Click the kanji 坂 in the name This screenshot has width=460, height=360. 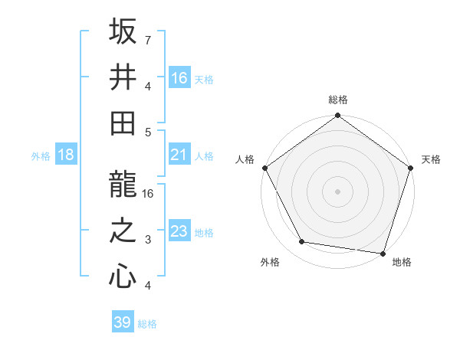point(123,33)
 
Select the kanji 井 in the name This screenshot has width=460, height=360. point(123,77)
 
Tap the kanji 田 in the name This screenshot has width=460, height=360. point(123,122)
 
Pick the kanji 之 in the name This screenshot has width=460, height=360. point(123,231)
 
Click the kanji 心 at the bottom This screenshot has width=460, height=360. point(123,275)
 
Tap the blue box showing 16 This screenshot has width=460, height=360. point(179,77)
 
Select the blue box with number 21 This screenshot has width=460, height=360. point(179,155)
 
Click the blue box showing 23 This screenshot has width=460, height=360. point(179,231)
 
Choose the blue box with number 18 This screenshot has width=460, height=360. point(66,155)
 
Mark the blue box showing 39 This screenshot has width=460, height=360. point(123,322)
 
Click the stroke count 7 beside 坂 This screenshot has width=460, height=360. point(148,39)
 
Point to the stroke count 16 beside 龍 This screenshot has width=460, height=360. point(149,193)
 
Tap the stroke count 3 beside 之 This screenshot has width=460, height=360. point(148,241)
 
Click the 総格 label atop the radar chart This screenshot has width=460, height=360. point(338,100)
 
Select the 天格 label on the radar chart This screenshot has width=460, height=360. point(432,159)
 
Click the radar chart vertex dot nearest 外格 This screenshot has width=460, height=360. point(302,242)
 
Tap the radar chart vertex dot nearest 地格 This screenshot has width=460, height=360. point(383,253)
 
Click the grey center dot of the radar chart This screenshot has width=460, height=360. point(338,191)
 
